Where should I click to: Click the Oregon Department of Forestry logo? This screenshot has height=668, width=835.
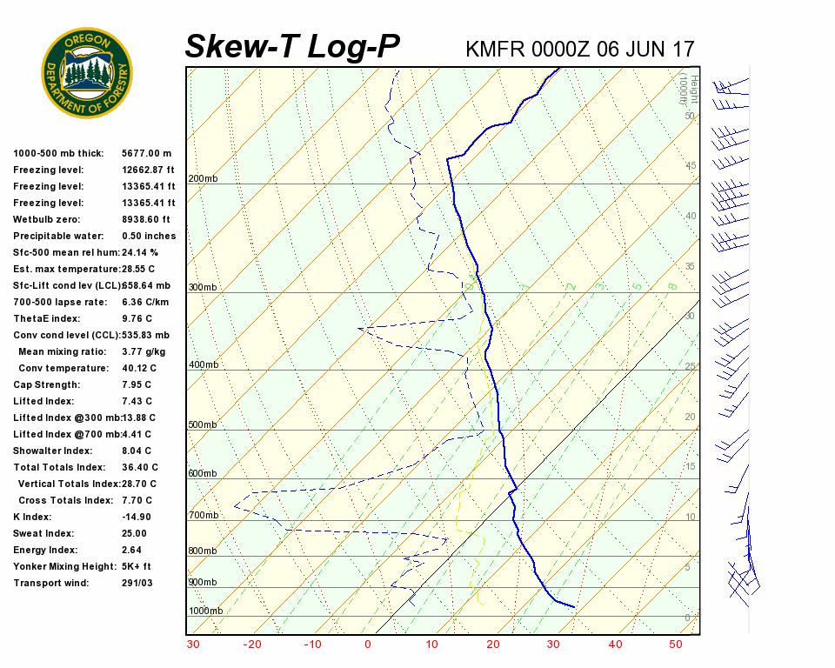pos(87,73)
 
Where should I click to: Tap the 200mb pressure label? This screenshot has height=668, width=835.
pos(204,179)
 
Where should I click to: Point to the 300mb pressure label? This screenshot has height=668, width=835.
pos(204,288)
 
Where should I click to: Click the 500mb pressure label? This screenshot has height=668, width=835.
pos(204,425)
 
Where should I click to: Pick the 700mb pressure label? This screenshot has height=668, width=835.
pos(204,516)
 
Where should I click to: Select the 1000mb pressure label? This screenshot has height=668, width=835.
pos(206,611)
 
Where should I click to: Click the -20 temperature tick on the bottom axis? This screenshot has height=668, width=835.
pos(252,645)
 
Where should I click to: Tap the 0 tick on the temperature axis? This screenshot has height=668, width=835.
pos(368,645)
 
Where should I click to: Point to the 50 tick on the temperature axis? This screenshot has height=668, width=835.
pos(676,645)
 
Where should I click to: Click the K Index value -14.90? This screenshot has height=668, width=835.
pos(136,517)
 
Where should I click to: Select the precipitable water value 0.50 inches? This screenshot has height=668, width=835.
pos(149,236)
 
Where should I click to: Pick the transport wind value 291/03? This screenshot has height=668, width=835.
pos(137,583)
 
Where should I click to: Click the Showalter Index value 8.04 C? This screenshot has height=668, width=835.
pos(137,451)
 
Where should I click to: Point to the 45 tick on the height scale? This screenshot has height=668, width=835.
pos(691,165)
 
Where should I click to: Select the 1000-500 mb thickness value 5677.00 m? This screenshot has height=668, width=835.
pos(147,153)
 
